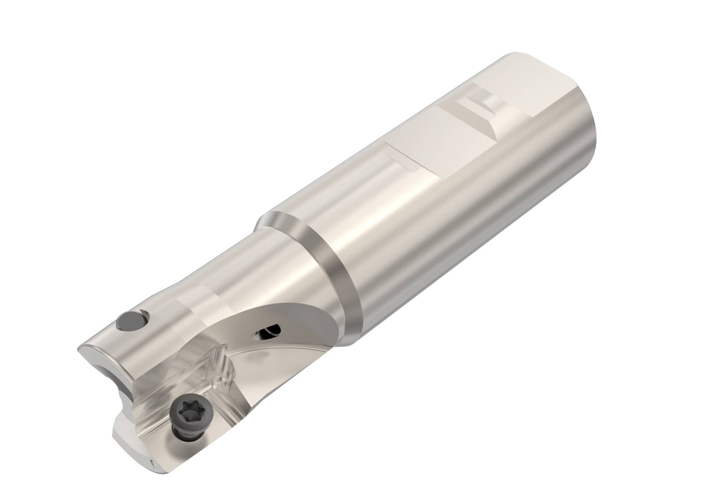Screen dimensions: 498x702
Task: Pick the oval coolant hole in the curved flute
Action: coord(266,333)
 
